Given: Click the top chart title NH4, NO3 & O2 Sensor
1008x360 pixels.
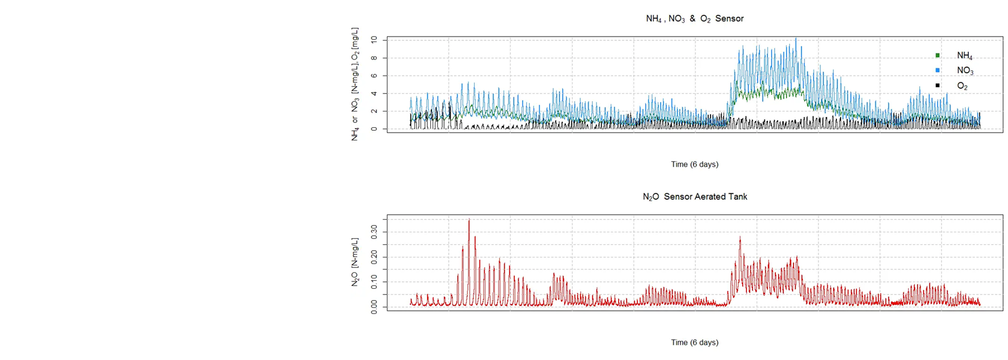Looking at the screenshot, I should pos(694,19).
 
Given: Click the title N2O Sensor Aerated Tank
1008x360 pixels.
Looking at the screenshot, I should pos(694,197).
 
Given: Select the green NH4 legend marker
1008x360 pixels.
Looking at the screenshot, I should pos(937,55).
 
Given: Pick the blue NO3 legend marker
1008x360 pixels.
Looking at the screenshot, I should pos(937,70).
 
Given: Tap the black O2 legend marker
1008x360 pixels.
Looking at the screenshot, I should pos(937,86).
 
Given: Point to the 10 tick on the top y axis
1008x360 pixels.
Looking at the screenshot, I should pos(374,40).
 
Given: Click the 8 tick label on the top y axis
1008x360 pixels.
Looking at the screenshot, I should pos(374,58).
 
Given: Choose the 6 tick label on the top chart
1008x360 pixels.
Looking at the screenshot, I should pos(374,76).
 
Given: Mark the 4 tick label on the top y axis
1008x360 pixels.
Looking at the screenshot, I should pos(374,94).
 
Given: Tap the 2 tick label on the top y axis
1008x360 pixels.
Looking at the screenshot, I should pos(374,112).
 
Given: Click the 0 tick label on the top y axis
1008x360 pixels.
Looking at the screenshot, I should pos(374,129).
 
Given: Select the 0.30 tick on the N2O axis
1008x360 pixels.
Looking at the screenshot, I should pos(374,232).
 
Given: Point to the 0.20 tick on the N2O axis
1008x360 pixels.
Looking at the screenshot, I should pos(374,257).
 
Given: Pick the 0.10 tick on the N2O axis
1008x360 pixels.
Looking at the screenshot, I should pos(374,282).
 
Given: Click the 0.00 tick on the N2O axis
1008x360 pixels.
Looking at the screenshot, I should pos(374,307).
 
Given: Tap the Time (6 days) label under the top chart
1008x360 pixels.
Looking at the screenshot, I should pos(694,164).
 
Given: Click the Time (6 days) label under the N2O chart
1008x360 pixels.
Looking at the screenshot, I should pos(694,343).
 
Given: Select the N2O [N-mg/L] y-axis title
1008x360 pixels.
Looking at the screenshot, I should pos(355,262).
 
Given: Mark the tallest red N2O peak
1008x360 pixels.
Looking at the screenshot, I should pos(469,220).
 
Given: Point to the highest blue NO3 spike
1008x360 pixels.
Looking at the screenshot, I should pos(796,40).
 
